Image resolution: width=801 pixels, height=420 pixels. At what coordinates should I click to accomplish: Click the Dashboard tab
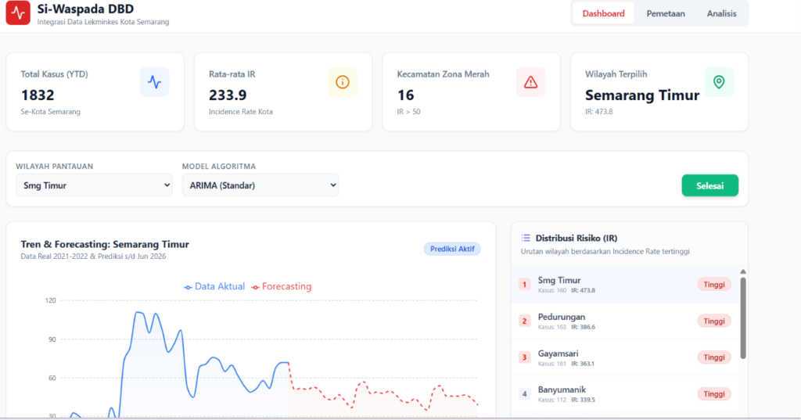click(603, 14)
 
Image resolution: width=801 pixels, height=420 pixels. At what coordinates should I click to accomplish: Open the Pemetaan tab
click(666, 14)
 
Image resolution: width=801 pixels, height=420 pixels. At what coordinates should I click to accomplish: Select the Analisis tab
click(721, 14)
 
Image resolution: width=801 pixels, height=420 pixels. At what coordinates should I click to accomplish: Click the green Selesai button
click(709, 185)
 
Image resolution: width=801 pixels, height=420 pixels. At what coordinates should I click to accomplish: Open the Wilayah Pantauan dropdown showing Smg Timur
click(94, 185)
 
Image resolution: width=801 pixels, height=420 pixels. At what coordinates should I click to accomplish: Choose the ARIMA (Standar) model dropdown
click(260, 185)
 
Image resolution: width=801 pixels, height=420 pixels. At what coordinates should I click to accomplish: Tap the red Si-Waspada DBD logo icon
click(18, 13)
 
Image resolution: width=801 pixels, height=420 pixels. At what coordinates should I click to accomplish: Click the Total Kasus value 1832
click(38, 95)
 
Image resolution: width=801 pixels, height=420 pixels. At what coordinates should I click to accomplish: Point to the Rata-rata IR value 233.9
click(228, 95)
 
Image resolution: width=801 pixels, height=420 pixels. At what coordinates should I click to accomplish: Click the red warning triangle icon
click(531, 82)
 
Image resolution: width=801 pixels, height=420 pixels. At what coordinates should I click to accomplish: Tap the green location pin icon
click(719, 82)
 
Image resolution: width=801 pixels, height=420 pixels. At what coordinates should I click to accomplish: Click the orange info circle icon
click(343, 82)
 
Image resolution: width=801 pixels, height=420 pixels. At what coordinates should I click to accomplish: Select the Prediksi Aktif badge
click(452, 249)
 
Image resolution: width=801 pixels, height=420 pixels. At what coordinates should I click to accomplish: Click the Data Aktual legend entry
click(214, 286)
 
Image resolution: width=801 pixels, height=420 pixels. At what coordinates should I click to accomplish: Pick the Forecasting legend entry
click(281, 286)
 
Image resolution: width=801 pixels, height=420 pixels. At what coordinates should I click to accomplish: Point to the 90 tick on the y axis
click(52, 339)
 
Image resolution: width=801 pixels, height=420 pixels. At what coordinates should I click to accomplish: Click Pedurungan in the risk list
click(562, 317)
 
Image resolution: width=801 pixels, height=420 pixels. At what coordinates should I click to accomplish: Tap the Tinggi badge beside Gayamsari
click(714, 357)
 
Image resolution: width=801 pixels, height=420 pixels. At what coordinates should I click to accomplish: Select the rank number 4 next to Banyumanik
click(524, 394)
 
